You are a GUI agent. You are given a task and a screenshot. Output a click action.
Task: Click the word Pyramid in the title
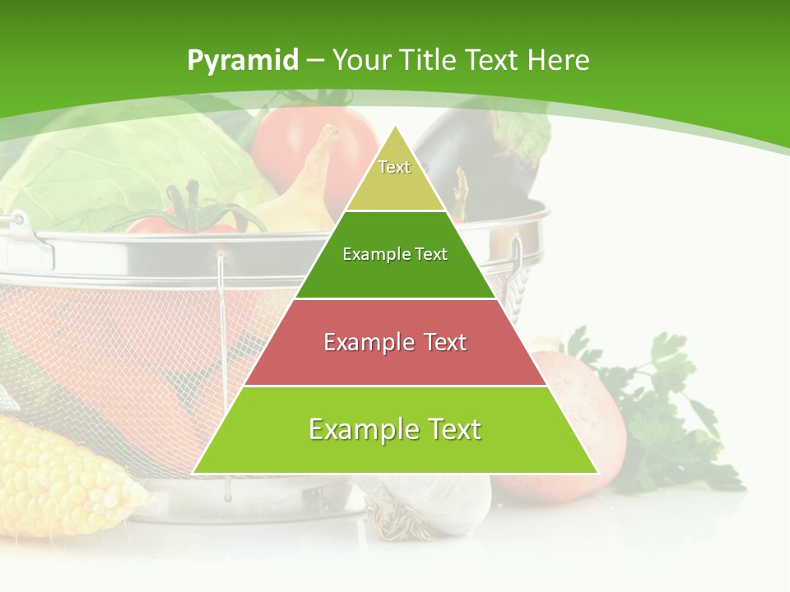click(243, 60)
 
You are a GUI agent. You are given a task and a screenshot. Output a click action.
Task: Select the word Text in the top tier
click(394, 167)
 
